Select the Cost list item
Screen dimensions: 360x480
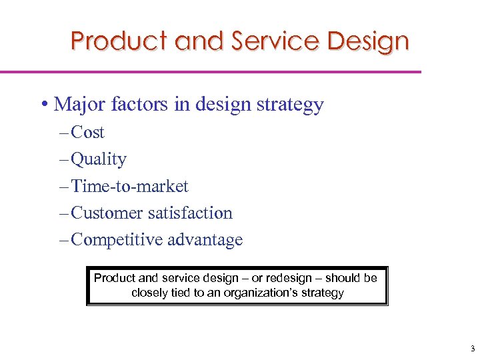coord(87,133)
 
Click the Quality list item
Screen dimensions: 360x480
coord(98,159)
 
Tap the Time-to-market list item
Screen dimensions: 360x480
coord(129,186)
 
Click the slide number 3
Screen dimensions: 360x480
coord(471,349)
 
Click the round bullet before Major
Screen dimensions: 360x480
coord(43,105)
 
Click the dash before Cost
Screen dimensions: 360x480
coord(63,133)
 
